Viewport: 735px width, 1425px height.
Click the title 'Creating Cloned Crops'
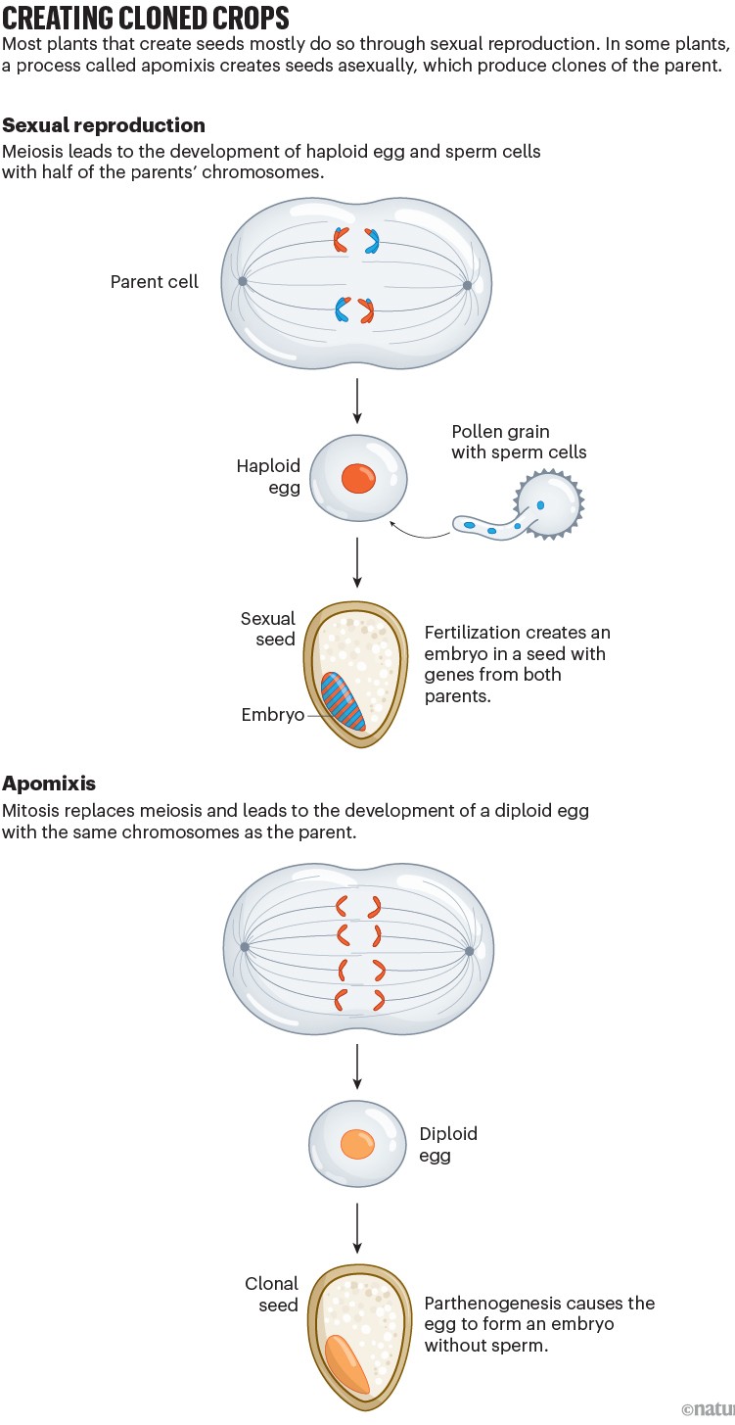[146, 18]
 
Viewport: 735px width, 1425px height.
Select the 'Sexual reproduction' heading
[104, 125]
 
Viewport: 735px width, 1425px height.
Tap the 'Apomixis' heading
[49, 784]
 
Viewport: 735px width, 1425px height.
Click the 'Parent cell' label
[154, 282]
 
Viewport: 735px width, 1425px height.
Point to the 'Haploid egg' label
[268, 476]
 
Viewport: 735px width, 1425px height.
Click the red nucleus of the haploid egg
[358, 479]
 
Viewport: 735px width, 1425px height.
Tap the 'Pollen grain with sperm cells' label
[518, 442]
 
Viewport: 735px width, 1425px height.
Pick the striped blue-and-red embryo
[344, 700]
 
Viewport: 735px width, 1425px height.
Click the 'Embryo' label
[272, 716]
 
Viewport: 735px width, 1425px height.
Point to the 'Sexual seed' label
[267, 629]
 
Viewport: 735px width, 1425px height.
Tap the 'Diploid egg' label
[448, 1144]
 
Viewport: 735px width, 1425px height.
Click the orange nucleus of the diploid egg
[356, 1143]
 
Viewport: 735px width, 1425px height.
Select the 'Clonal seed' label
[271, 1294]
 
